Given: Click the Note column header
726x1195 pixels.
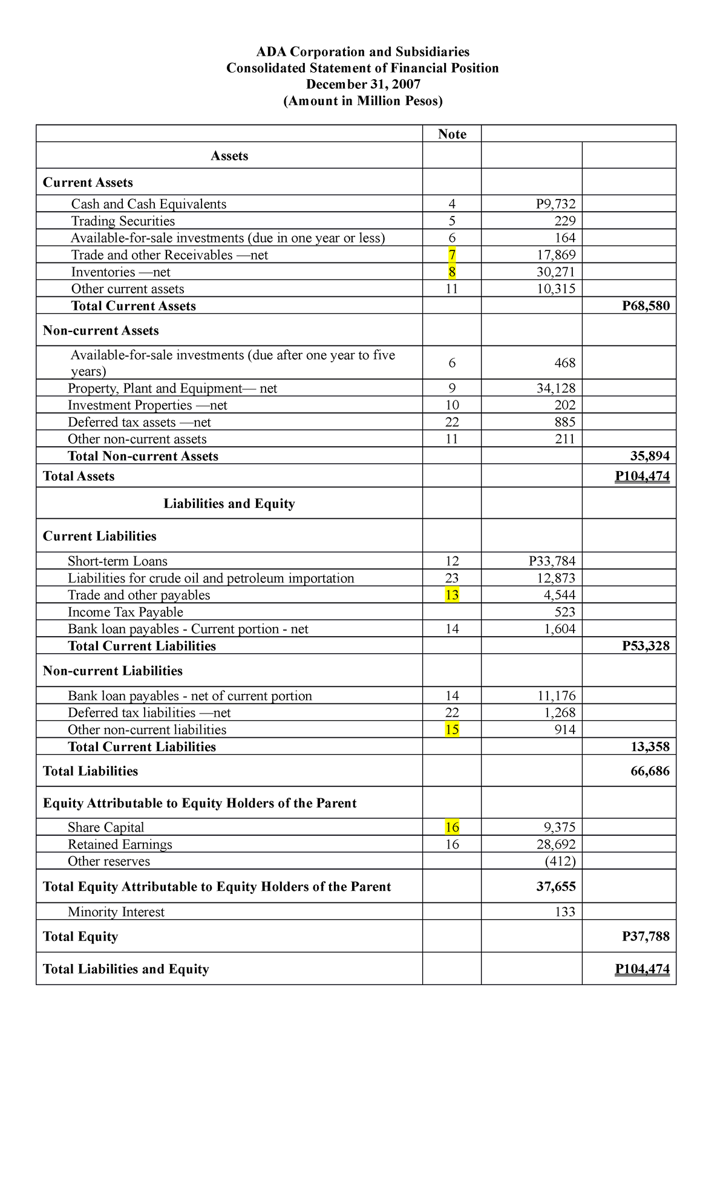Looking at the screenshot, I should click(x=452, y=134).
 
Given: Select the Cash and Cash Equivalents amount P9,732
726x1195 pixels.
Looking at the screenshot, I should click(x=555, y=204).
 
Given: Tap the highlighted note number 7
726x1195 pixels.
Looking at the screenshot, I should click(x=452, y=255).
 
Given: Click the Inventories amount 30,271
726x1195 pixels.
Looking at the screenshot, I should click(x=555, y=272).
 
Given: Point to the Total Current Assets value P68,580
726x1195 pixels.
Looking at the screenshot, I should click(x=646, y=306).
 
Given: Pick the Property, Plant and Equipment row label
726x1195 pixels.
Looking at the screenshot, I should click(x=172, y=388).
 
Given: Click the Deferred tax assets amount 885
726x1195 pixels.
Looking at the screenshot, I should click(x=564, y=422).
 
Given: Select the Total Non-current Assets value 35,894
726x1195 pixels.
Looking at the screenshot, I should click(x=650, y=456).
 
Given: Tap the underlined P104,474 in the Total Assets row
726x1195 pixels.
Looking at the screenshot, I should click(x=642, y=477).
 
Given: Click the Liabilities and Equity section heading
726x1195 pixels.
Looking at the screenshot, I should click(x=229, y=504).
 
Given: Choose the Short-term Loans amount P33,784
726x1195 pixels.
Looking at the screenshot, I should click(x=552, y=561).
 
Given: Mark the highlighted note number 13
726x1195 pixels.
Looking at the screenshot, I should click(x=452, y=595).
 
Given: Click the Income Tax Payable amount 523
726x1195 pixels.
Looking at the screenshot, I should click(x=564, y=612).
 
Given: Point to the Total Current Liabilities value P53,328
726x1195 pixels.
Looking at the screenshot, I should click(x=646, y=646).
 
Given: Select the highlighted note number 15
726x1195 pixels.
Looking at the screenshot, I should click(x=452, y=730).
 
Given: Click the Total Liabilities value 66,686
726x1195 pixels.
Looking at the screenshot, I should click(x=650, y=771).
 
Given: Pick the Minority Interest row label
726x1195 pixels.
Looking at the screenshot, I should click(x=116, y=912).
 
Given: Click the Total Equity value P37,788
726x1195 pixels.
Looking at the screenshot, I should click(x=646, y=937).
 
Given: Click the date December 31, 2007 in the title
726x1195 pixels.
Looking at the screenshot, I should click(x=363, y=84).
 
